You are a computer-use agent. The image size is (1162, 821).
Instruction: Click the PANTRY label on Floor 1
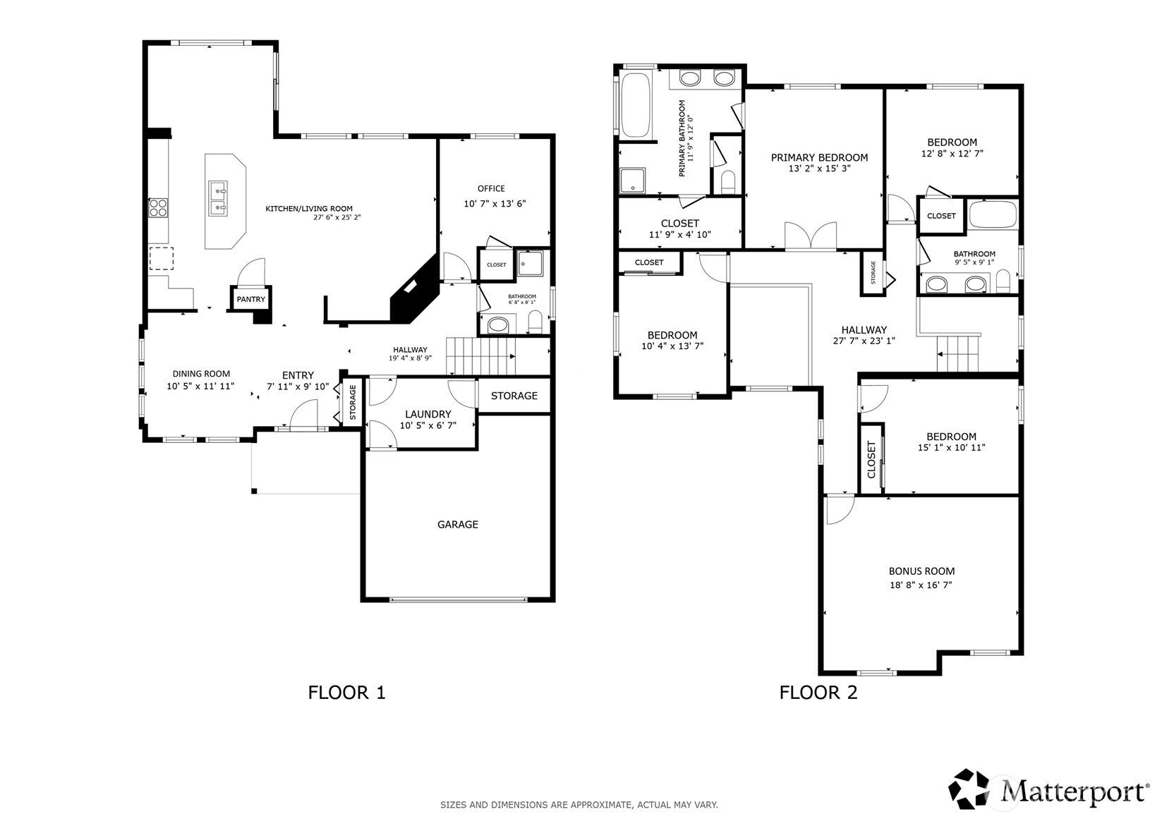tap(250, 299)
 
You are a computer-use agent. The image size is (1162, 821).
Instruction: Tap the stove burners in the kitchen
tap(158, 208)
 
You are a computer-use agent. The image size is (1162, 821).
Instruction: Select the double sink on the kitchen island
tap(217, 198)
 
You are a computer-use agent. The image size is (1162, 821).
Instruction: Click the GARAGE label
tap(458, 524)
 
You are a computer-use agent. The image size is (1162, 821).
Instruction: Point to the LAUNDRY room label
tap(428, 414)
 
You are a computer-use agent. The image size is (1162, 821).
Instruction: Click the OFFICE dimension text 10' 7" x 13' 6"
tap(495, 203)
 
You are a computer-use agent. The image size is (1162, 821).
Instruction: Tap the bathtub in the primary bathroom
tap(636, 106)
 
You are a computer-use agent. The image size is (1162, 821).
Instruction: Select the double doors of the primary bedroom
tap(810, 236)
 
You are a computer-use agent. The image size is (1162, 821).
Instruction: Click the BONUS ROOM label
tap(922, 571)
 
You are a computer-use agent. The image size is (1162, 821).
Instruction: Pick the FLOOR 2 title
tap(818, 693)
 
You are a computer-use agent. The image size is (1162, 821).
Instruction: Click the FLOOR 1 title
tap(346, 693)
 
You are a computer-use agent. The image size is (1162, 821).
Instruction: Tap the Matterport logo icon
tap(969, 789)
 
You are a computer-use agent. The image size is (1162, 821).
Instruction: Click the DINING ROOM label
tap(201, 373)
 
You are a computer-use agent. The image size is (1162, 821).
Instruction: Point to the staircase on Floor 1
tap(481, 355)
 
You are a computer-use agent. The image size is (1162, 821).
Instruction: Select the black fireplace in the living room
tap(415, 288)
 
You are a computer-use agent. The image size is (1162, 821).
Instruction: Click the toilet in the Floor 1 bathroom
tap(535, 322)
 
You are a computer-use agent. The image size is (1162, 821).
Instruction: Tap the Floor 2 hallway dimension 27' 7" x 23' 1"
tap(864, 341)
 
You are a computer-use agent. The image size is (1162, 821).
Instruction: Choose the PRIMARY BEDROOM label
tap(819, 157)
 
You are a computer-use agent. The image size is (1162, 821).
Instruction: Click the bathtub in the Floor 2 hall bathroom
tap(993, 214)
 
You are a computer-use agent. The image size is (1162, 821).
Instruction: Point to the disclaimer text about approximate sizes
tap(579, 805)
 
